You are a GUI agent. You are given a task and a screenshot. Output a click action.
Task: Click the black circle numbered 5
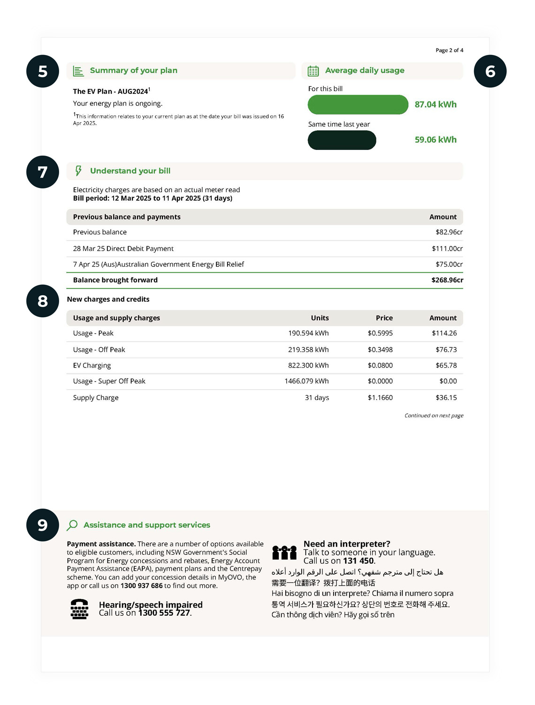click(x=43, y=71)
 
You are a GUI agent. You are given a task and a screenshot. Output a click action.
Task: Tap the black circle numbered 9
click(x=43, y=525)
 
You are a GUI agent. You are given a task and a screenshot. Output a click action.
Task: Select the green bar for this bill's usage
click(x=358, y=104)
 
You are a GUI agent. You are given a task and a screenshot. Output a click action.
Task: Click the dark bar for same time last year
click(x=342, y=140)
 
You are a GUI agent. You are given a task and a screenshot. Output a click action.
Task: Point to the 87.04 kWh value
click(x=435, y=104)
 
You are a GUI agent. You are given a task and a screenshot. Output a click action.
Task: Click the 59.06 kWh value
click(x=435, y=140)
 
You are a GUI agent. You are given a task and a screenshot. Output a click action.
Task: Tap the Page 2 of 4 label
click(x=449, y=50)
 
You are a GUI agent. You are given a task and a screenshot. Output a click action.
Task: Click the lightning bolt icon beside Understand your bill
click(x=78, y=171)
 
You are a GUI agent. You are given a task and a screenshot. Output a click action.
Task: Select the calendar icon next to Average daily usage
click(x=313, y=71)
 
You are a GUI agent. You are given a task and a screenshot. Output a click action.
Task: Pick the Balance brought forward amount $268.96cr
click(x=447, y=280)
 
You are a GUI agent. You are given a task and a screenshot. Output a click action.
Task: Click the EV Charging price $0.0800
click(x=380, y=365)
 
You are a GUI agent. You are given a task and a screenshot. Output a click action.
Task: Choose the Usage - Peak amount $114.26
click(x=444, y=333)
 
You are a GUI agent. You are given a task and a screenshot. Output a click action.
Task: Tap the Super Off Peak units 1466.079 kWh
click(x=306, y=381)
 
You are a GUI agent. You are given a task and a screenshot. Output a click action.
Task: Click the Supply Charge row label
click(x=96, y=398)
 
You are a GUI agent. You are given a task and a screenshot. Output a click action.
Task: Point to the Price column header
click(x=384, y=318)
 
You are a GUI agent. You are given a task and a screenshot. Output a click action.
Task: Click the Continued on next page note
click(x=434, y=415)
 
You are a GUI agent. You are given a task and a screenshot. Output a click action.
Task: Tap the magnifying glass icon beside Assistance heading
click(x=72, y=525)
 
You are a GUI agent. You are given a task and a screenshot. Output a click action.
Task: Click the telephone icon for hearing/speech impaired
click(x=79, y=609)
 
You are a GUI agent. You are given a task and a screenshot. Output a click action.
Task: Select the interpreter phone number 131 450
click(x=358, y=561)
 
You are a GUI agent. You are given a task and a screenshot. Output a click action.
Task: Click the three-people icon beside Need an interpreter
click(x=284, y=553)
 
